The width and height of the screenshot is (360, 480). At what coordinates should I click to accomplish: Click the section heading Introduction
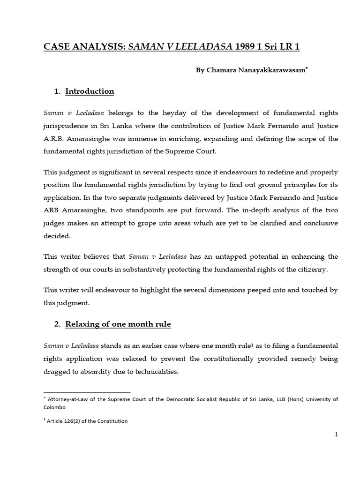pos(90,91)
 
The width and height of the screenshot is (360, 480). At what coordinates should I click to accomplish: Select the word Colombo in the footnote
pos(55,407)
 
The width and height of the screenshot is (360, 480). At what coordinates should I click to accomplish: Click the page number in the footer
pos(336,435)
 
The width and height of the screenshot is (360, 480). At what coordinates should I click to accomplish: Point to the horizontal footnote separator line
pos(87,392)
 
